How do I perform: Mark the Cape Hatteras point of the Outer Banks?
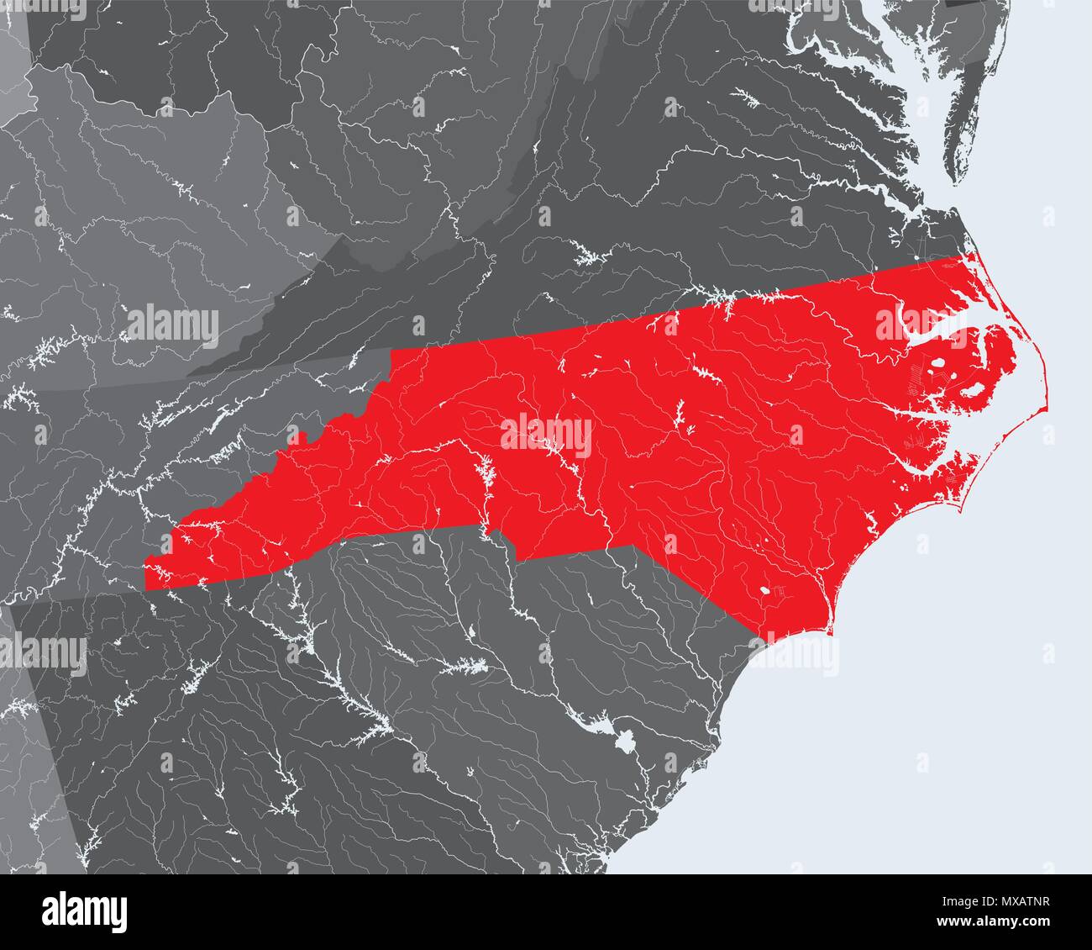[1047, 409]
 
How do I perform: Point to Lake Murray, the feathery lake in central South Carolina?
[467, 666]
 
